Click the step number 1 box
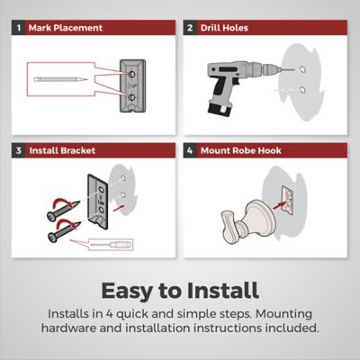pos(19,28)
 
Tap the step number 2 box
pos(190,28)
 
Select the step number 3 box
pos(19,150)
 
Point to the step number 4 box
pos(190,150)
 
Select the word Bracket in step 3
pos(78,150)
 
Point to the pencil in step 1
pos(60,79)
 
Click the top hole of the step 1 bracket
pos(131,74)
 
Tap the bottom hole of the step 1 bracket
pos(131,97)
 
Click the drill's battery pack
pos(220,108)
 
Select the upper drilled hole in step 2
pos(302,69)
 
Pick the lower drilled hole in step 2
pos(302,89)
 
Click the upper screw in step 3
pos(63,211)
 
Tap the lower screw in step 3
pos(64,231)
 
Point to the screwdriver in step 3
pos(111,245)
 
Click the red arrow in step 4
pos(276,206)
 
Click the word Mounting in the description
pos(283,314)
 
